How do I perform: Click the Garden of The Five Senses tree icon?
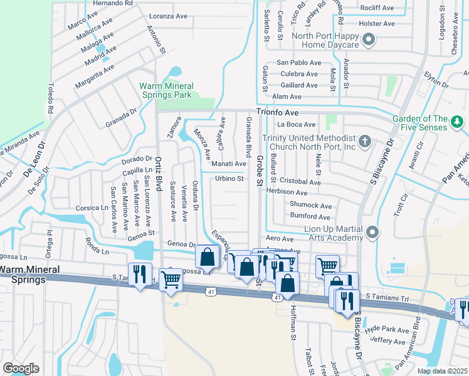(458, 120)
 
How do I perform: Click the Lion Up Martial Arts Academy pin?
(372, 233)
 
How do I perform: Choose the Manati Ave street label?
(228, 164)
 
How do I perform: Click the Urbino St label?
(229, 179)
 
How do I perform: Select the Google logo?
(21, 368)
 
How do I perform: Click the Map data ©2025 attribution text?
(441, 371)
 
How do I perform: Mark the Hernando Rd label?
(113, 3)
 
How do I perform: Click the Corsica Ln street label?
(92, 207)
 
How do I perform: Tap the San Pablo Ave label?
(297, 63)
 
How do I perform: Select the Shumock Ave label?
(310, 205)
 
